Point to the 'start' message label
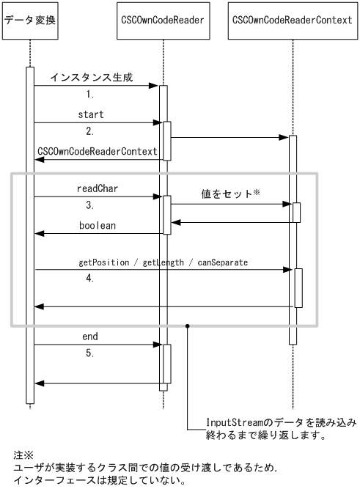[x=91, y=114]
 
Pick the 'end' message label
[x=90, y=336]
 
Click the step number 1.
[x=91, y=95]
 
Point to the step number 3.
[x=91, y=205]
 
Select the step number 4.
[x=91, y=279]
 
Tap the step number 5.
[x=91, y=353]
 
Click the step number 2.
[x=91, y=132]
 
